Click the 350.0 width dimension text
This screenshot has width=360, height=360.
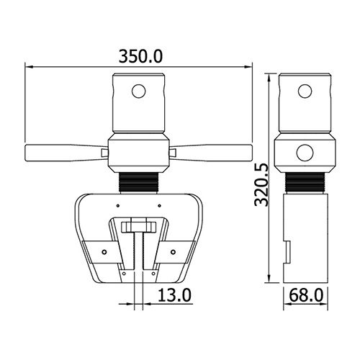[140, 56]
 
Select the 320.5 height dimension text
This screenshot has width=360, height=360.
[261, 184]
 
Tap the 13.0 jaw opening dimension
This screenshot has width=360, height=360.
[174, 295]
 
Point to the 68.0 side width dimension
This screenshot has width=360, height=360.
[306, 295]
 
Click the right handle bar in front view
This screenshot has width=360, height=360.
[211, 153]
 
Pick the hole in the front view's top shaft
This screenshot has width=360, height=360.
[139, 91]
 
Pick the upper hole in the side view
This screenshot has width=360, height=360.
[305, 91]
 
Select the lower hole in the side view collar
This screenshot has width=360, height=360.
[305, 153]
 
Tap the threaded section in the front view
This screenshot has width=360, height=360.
[139, 182]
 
